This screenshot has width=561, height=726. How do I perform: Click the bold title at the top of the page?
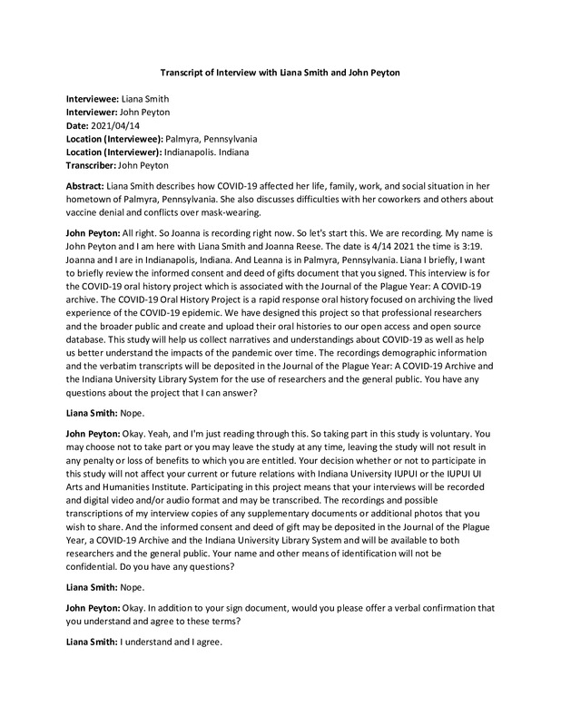280,73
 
